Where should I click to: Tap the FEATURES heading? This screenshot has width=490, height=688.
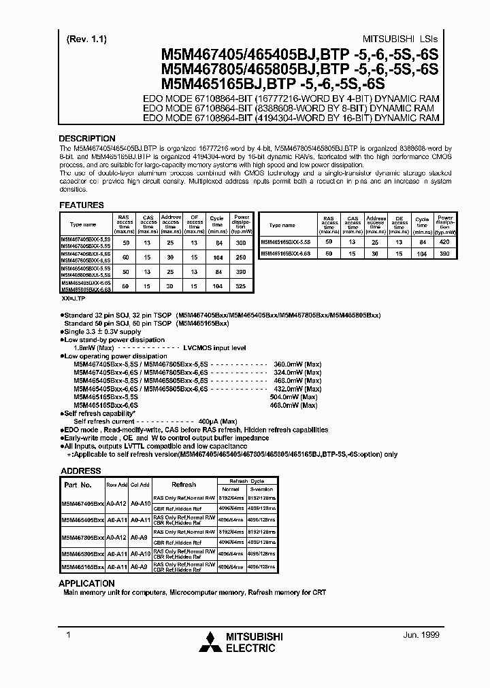click(x=82, y=205)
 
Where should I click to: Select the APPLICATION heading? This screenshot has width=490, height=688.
click(x=86, y=583)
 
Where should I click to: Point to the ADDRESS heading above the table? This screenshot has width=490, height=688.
click(x=81, y=470)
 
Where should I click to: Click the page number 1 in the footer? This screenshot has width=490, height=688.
click(x=67, y=634)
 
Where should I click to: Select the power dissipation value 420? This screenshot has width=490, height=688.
click(x=445, y=241)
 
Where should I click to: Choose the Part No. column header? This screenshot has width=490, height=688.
click(x=78, y=485)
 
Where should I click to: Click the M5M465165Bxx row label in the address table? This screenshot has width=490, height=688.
click(x=82, y=566)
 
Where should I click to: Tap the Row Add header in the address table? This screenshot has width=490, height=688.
click(x=117, y=485)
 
